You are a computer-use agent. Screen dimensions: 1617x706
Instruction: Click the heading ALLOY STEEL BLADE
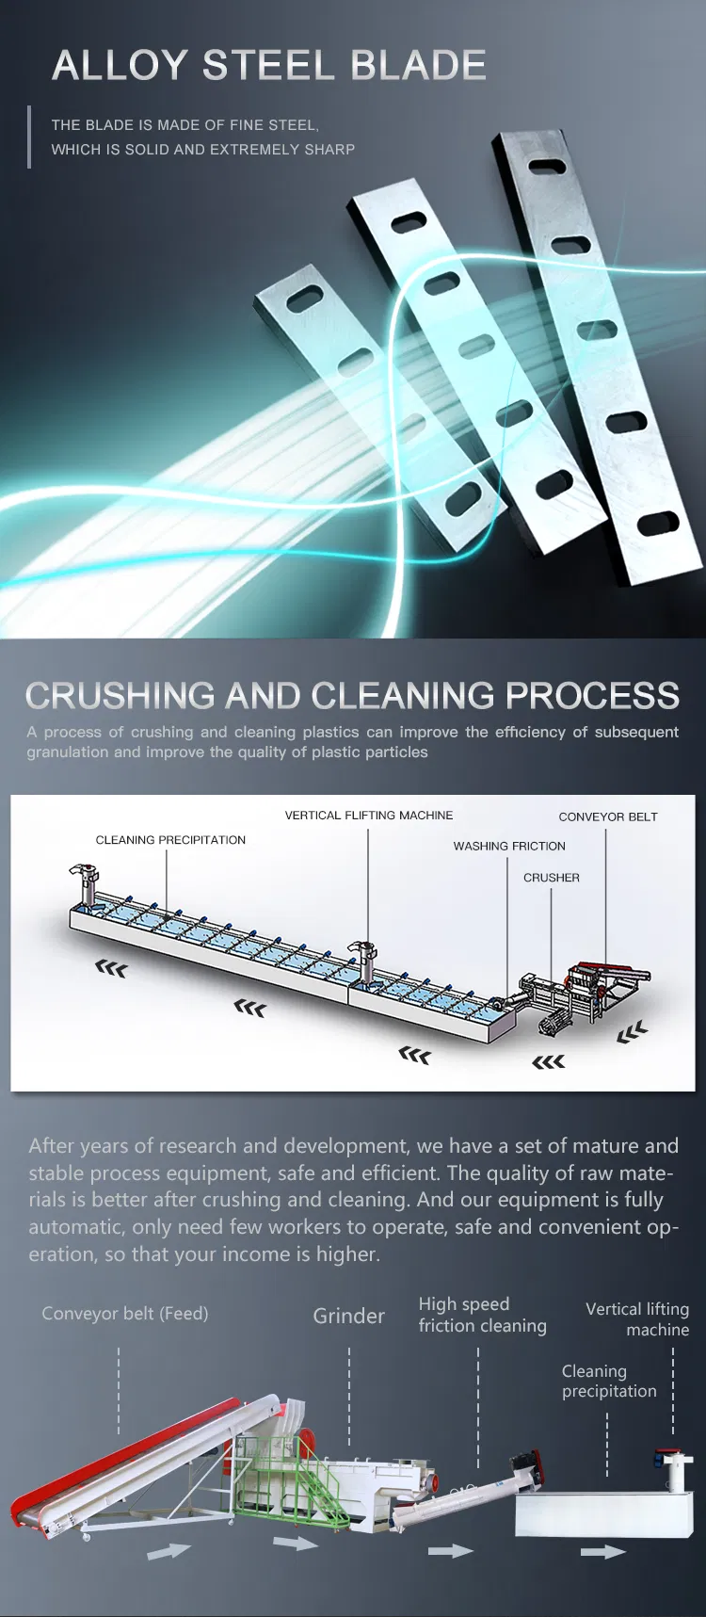click(x=269, y=65)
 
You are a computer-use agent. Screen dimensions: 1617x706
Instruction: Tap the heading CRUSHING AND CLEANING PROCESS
click(x=352, y=696)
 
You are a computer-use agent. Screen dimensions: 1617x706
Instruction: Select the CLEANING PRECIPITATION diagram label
click(x=170, y=840)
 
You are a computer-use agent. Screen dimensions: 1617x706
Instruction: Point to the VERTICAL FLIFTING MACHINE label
click(x=369, y=816)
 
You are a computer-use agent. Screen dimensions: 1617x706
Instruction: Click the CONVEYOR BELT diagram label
click(x=608, y=817)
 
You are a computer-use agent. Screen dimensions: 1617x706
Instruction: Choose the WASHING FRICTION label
click(x=509, y=847)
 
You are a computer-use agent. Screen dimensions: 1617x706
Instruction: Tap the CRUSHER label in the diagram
click(x=552, y=878)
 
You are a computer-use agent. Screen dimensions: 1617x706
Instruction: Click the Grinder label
click(x=348, y=1317)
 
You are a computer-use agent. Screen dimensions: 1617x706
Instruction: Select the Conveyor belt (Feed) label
click(x=125, y=1314)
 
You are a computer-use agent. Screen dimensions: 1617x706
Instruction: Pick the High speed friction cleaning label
click(x=482, y=1315)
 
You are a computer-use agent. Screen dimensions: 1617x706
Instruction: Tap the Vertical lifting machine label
click(x=637, y=1319)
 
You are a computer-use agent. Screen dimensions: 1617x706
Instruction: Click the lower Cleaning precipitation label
click(x=608, y=1382)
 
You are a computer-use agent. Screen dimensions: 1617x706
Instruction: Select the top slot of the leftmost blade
click(x=305, y=299)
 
